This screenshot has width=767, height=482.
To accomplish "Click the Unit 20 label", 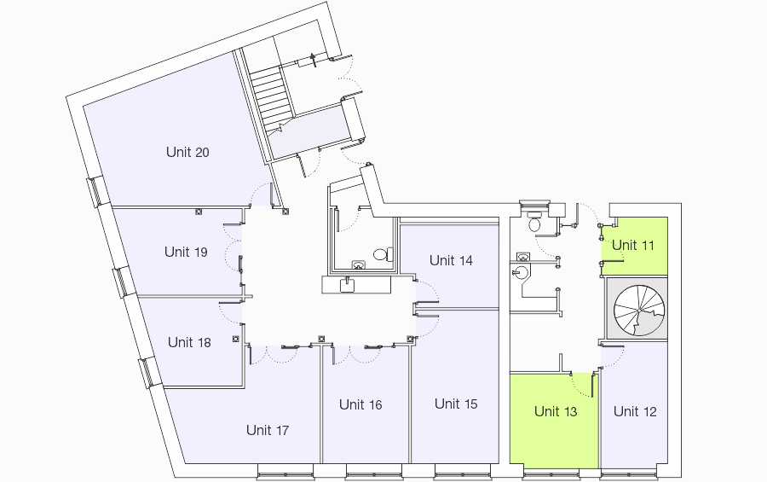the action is (187, 153).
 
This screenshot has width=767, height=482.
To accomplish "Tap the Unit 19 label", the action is (186, 253).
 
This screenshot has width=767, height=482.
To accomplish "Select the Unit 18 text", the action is (189, 342).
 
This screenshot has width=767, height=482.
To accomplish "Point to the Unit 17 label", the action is (268, 431).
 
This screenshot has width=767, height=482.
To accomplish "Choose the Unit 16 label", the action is (360, 405).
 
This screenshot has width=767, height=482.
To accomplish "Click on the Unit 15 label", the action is (456, 404).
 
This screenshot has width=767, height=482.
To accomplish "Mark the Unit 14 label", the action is (451, 260).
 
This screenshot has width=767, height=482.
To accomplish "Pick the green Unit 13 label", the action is (556, 411).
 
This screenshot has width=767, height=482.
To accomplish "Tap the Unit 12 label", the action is (635, 411).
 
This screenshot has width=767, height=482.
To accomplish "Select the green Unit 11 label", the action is (633, 245).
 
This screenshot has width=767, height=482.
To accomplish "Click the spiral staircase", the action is (639, 310).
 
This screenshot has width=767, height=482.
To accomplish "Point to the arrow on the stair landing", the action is (314, 60).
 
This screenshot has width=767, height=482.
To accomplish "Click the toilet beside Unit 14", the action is (383, 254).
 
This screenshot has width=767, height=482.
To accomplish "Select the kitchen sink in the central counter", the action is (348, 285).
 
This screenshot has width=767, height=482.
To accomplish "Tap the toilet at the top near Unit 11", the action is (534, 222).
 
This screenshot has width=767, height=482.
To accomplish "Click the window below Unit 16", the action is (374, 473).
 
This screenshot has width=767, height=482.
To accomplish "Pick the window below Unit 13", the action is (551, 473).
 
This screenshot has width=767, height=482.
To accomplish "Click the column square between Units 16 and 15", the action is (410, 339).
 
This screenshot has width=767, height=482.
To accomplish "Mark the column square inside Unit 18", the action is (236, 339).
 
